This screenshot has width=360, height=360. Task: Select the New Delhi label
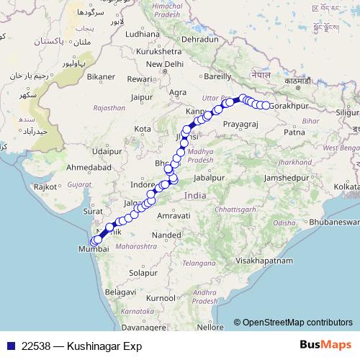click(x=165, y=63)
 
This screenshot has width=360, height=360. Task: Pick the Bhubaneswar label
click(x=334, y=222)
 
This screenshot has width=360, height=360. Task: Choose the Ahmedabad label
click(x=67, y=166)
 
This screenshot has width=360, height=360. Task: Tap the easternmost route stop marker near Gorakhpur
click(x=266, y=106)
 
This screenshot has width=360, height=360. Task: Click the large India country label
click(x=194, y=195)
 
